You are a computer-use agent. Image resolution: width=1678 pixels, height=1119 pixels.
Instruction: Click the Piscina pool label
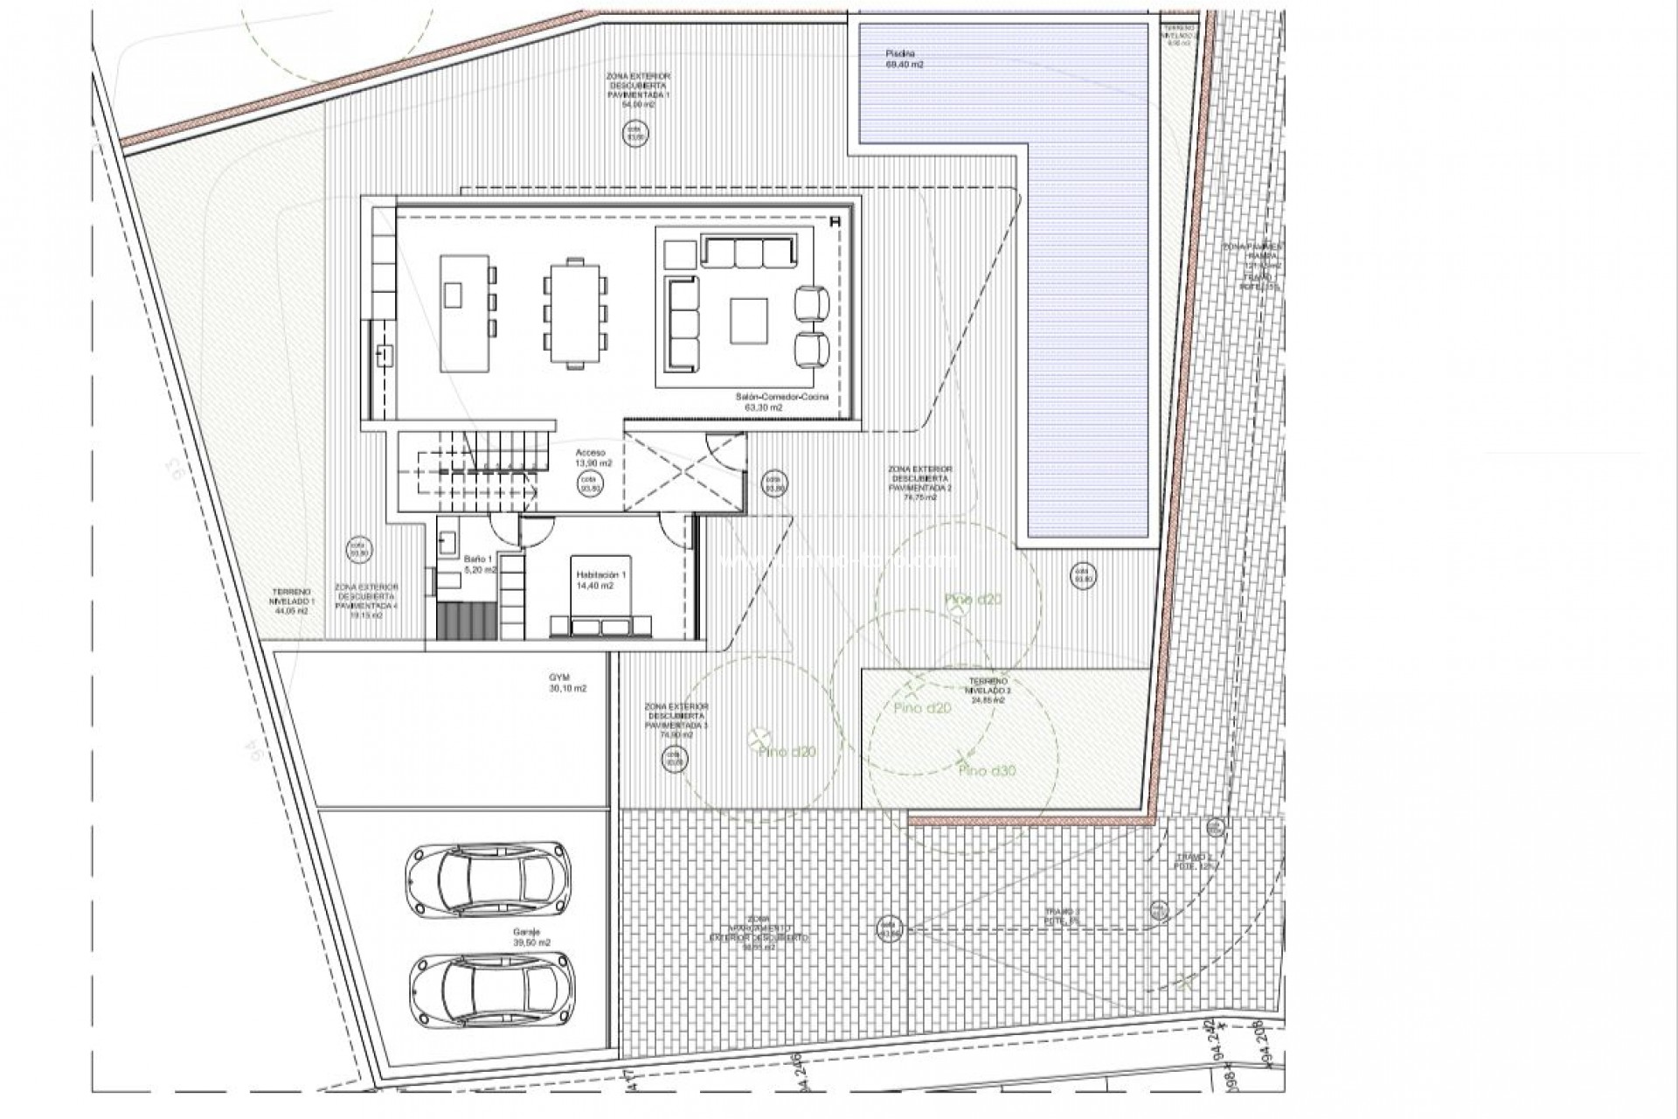pos(905,59)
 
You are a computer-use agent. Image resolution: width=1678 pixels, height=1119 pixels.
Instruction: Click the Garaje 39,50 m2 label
pos(532,938)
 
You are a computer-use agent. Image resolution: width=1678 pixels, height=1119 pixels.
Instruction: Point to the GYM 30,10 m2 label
pos(567,683)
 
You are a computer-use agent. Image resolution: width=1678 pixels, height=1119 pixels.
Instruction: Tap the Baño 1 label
pos(479,563)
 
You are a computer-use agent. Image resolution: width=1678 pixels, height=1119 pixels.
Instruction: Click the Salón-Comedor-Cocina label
pos(781,401)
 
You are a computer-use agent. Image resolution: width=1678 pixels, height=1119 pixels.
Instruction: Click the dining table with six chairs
pos(574,313)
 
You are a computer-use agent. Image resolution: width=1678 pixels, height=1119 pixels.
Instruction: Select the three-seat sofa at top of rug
pos(749,253)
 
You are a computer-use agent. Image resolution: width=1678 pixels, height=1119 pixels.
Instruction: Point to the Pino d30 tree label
pos(988,771)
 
